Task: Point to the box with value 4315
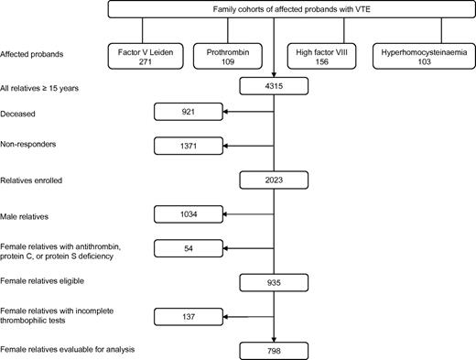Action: click(275, 87)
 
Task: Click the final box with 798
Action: click(275, 349)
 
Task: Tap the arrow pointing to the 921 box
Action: click(247, 114)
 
